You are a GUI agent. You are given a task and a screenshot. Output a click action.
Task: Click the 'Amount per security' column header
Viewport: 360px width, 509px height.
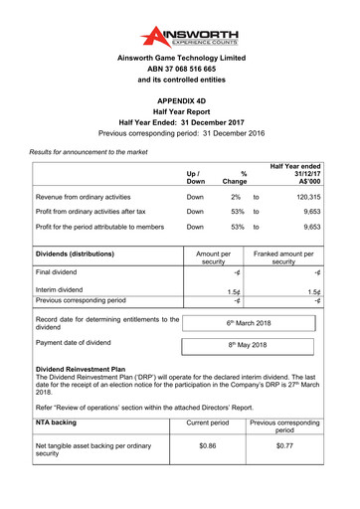[214, 256]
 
